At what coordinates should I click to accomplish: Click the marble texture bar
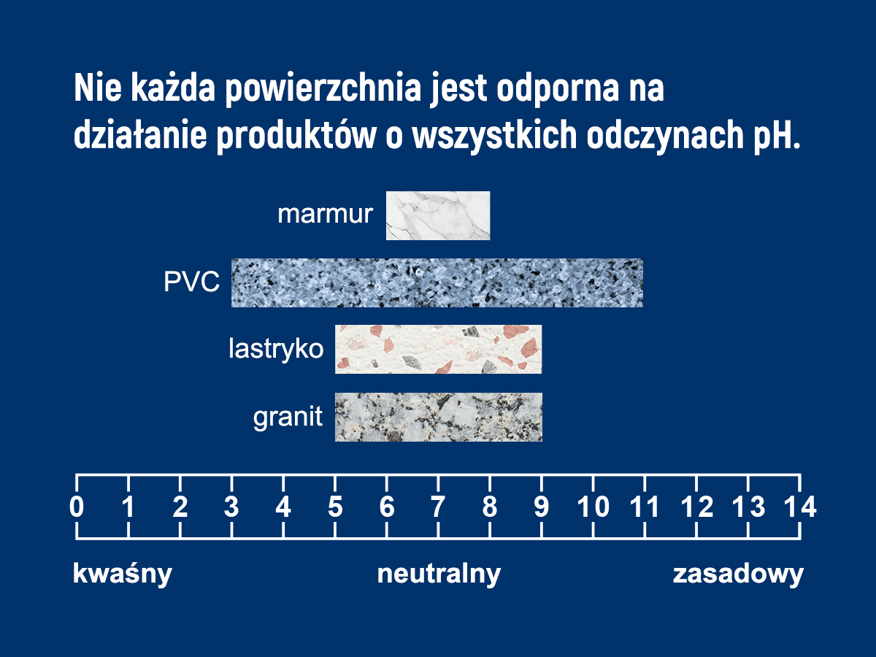438,215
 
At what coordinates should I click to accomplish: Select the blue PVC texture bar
437,283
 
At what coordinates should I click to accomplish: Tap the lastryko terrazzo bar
438,349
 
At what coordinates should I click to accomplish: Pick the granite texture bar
438,417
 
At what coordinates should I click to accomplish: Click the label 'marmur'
326,214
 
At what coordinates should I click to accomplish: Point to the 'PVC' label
191,282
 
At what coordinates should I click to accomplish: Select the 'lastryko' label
276,350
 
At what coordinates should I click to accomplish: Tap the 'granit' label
288,418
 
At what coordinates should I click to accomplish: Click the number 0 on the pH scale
77,507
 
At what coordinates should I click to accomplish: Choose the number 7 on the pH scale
438,507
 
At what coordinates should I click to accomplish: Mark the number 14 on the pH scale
800,507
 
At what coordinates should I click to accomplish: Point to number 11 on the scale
644,507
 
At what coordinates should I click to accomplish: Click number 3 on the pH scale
231,507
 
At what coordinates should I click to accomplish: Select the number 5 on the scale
335,507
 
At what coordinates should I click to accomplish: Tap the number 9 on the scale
542,507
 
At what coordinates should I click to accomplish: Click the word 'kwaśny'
123,574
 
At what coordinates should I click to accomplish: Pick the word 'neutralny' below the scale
439,574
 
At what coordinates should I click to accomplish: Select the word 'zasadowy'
738,575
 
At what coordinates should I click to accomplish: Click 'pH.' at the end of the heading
777,136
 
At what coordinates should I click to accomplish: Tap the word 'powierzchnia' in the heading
323,88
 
